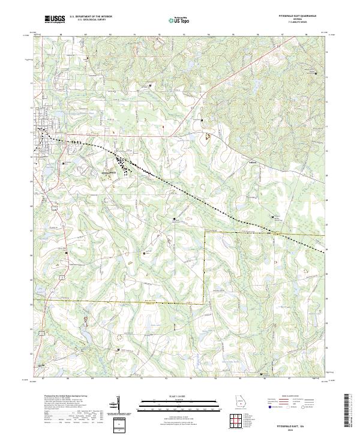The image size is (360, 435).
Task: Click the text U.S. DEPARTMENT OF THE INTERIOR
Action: click(91, 17)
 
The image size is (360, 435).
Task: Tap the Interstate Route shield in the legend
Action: click(269, 407)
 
